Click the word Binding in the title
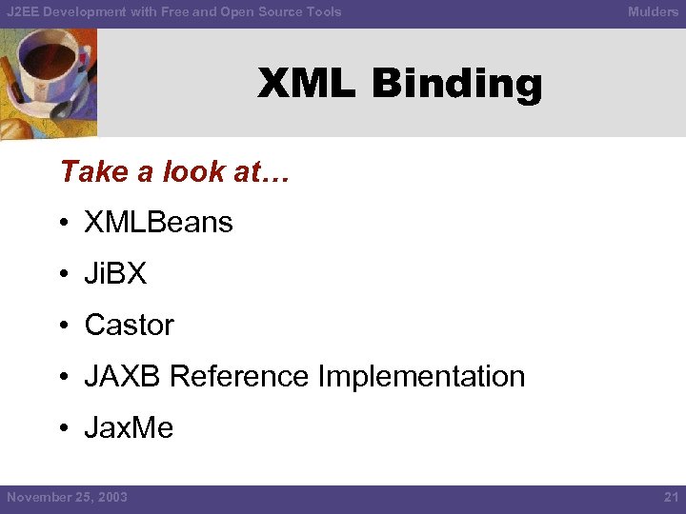456,85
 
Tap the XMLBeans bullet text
158,222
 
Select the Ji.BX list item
115,273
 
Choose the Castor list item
129,325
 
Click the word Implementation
421,376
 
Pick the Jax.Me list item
129,427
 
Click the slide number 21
670,497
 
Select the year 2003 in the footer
111,497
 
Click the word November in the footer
37,497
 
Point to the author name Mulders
653,11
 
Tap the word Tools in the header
323,11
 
